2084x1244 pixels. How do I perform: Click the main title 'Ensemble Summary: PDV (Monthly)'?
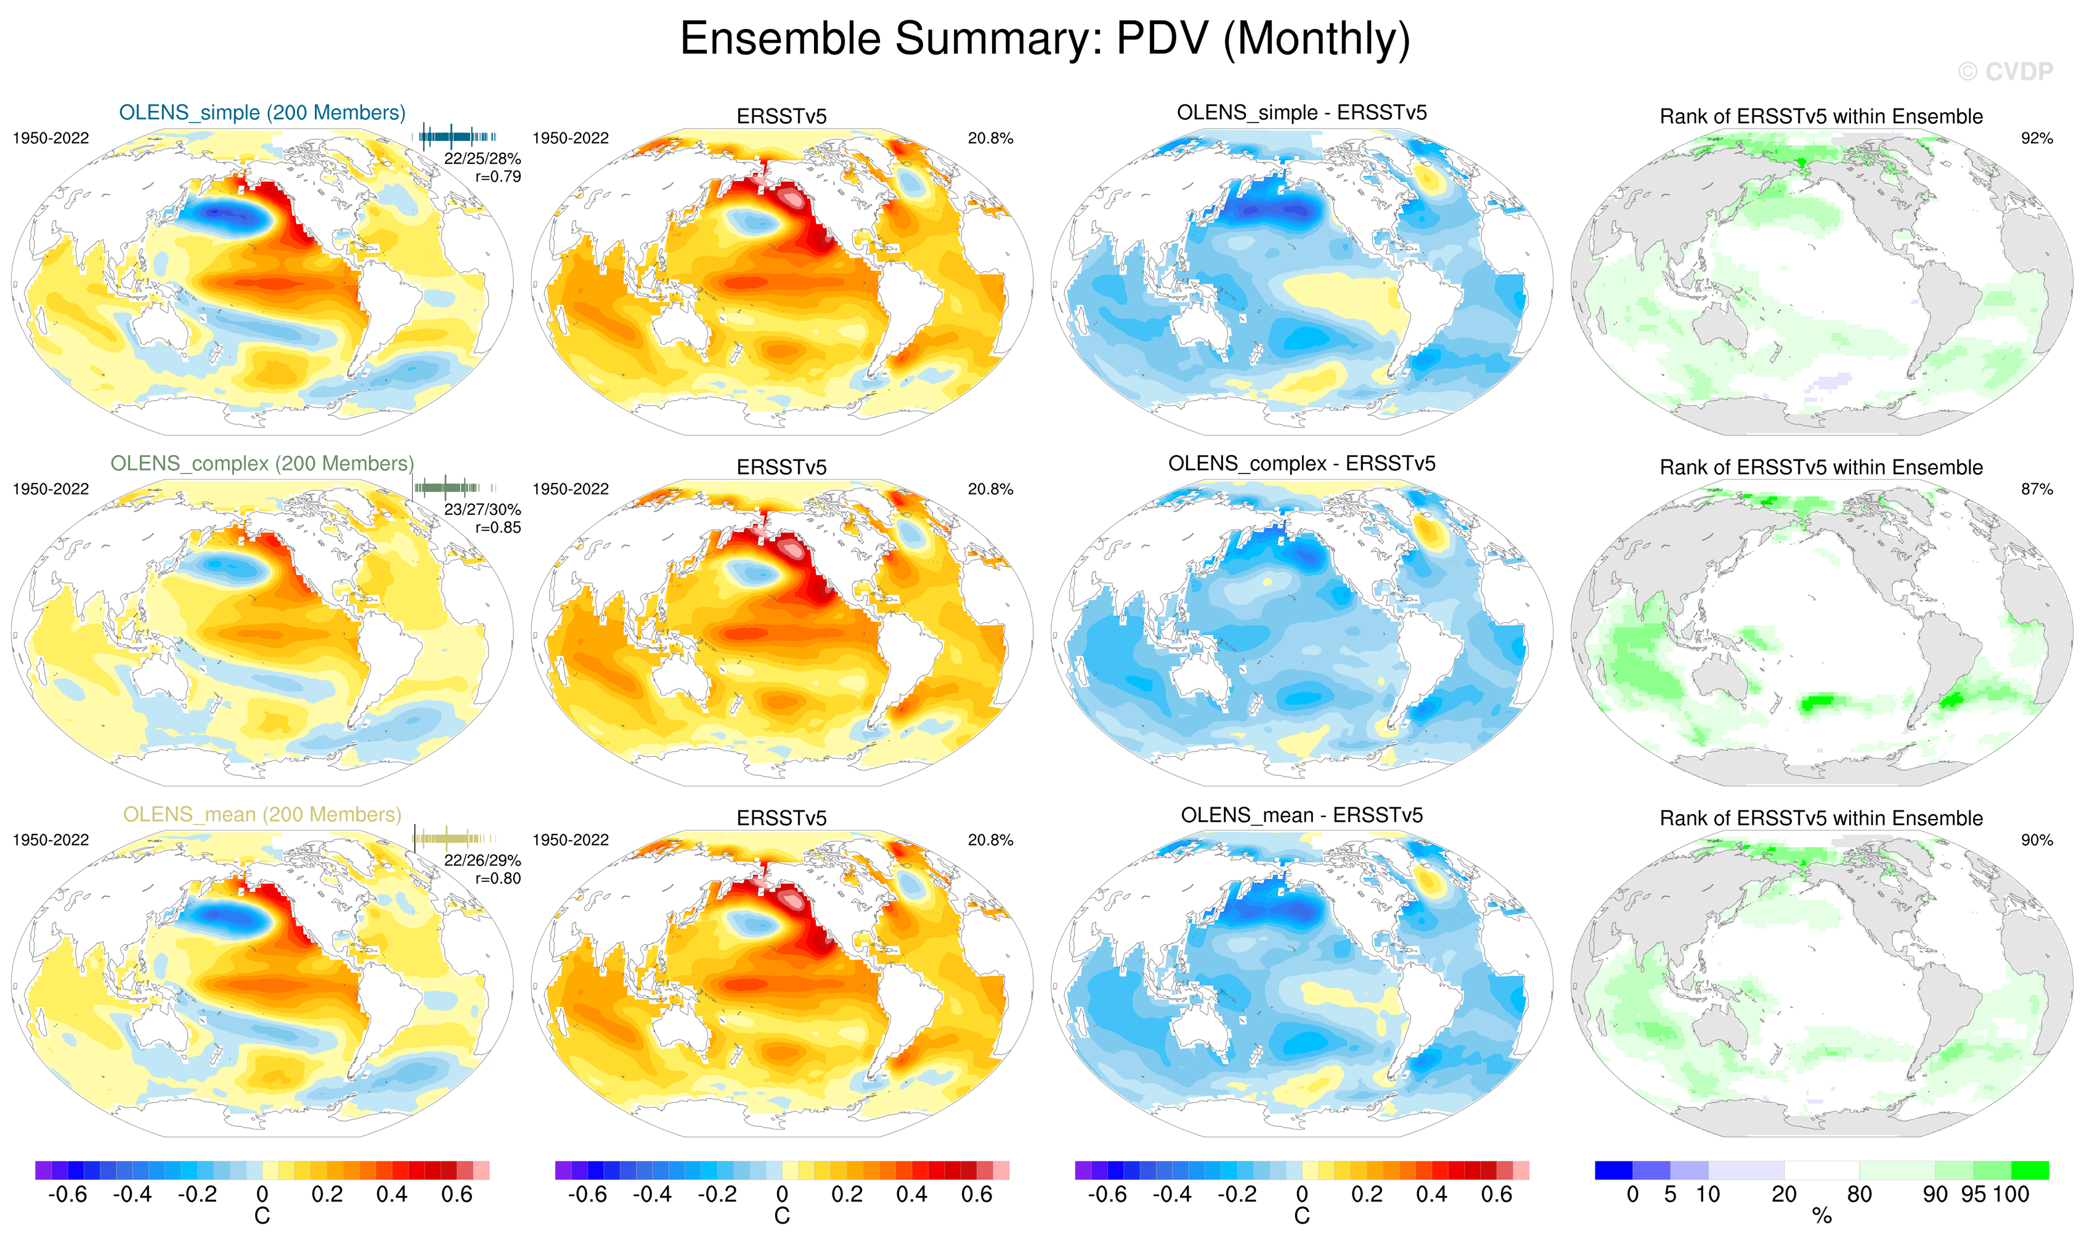[1044, 39]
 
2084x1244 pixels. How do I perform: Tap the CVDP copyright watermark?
[2005, 72]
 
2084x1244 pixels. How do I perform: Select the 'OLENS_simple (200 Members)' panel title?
[262, 112]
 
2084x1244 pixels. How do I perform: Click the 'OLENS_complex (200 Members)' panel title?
[262, 464]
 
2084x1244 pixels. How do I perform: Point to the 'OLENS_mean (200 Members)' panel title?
[262, 815]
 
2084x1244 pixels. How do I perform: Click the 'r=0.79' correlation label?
[498, 177]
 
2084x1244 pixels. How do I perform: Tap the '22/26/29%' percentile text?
[482, 860]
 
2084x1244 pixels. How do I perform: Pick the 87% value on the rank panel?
[2036, 490]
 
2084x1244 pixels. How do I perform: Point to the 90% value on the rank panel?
[2036, 840]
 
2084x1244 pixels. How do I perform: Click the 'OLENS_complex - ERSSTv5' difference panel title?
[1301, 464]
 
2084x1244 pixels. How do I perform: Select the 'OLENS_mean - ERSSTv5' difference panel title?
[1301, 815]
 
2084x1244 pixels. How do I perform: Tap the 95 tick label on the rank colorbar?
[1973, 1195]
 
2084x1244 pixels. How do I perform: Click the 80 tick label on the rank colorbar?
[1859, 1195]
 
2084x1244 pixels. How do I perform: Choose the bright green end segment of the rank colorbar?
[2030, 1170]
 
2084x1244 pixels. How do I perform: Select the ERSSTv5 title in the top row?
[781, 116]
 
